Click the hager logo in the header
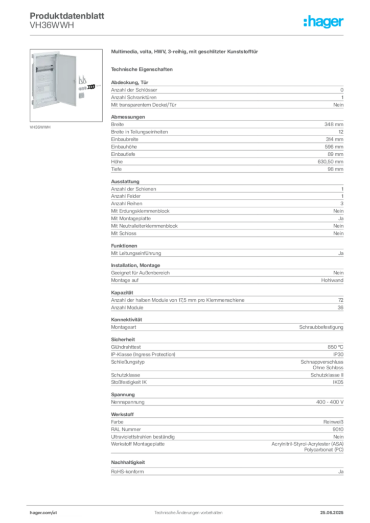point(323,21)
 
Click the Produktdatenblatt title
point(67,16)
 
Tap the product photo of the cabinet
point(66,85)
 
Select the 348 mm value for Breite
point(334,125)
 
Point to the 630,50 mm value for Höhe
point(330,162)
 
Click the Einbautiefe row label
point(123,154)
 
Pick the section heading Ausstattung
point(125,181)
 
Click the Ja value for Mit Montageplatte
point(341,219)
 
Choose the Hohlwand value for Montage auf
point(332,280)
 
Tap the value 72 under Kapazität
point(341,300)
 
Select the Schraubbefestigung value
point(321,327)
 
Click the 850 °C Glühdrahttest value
point(335,347)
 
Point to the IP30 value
point(338,354)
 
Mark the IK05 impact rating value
point(338,382)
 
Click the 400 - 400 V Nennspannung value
point(330,402)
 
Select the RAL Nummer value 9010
point(338,429)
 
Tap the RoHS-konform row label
point(127,471)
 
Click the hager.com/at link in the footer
point(43,513)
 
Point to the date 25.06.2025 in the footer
point(332,513)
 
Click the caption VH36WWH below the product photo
point(40,127)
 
